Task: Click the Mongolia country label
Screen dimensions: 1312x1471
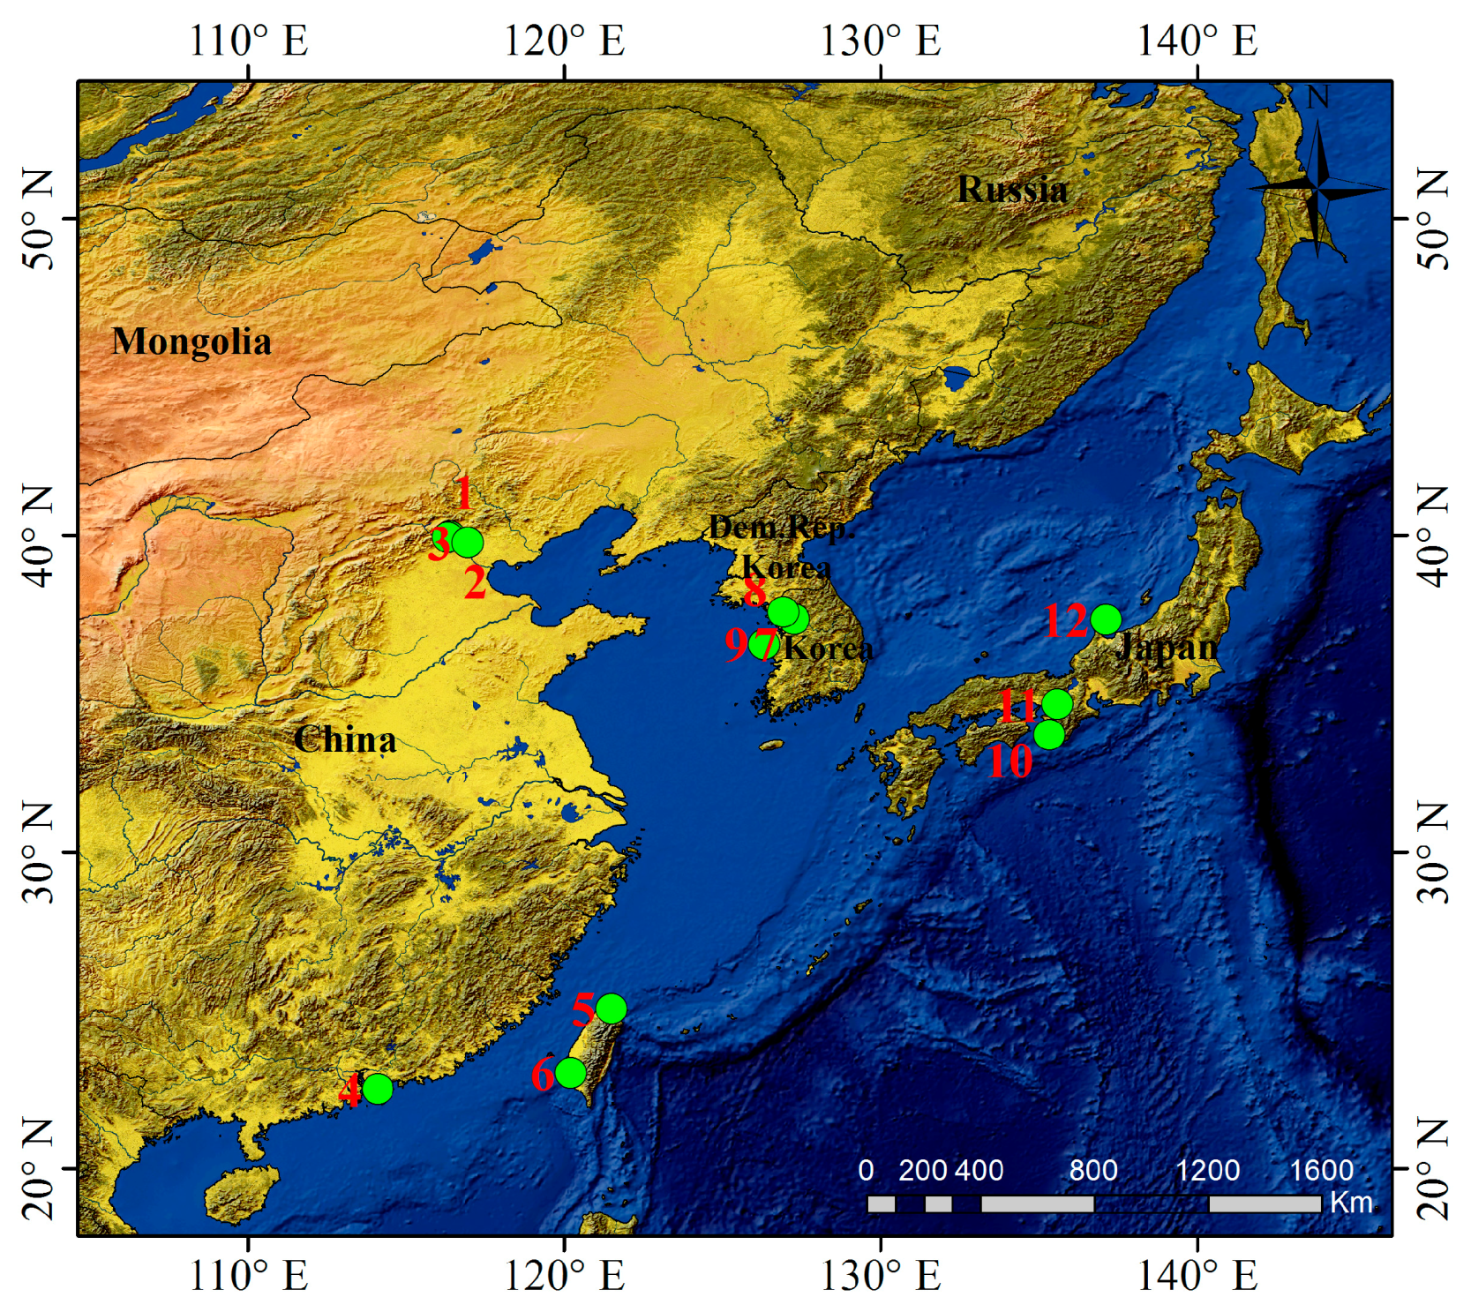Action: [191, 341]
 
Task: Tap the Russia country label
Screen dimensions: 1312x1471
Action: [1012, 189]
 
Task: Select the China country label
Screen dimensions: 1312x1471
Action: [345, 739]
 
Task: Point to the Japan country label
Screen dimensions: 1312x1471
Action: [1167, 647]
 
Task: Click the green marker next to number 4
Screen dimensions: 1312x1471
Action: [378, 1089]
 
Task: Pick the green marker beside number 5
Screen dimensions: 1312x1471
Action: [611, 1008]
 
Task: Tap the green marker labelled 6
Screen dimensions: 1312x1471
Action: [571, 1073]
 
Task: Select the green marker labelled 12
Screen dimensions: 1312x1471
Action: [1106, 620]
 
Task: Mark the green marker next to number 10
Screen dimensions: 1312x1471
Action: [1048, 734]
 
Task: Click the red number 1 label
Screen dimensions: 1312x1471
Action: [463, 493]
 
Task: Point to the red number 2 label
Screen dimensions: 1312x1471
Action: [475, 583]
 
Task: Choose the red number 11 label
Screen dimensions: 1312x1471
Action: [1017, 706]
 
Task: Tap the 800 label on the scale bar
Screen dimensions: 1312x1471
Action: [1093, 1170]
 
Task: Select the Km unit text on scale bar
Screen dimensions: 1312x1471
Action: [1350, 1203]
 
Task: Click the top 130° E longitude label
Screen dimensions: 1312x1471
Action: [881, 41]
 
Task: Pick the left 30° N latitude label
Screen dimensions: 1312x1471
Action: [38, 852]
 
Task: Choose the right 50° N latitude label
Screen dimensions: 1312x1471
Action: [1433, 219]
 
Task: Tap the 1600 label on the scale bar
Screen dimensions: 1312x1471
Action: [1321, 1170]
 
